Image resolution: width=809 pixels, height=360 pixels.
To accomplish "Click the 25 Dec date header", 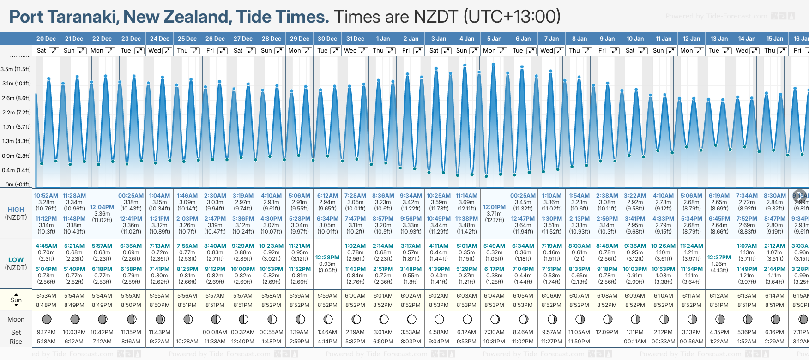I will (x=187, y=39).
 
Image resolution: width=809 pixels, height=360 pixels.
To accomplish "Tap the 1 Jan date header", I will (x=383, y=39).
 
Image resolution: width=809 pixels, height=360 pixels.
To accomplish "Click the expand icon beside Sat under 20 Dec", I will (x=54, y=51).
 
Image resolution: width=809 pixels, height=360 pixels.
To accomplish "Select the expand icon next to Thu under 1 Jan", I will (x=391, y=51).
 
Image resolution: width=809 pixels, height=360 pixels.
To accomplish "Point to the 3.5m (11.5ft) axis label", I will (x=16, y=69).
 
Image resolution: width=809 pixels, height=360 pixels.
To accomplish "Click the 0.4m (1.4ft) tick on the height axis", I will (x=16, y=170).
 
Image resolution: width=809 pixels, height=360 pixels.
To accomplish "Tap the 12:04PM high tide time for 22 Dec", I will (x=102, y=207).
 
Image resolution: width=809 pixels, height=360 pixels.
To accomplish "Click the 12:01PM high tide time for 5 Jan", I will (x=494, y=207).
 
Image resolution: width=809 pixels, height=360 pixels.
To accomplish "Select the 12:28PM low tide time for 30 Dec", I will (x=327, y=258).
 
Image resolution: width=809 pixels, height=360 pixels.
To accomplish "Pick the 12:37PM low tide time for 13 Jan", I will (x=719, y=258).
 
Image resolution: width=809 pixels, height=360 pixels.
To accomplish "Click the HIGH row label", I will (x=16, y=210).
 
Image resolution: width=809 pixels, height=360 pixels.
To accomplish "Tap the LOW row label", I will (x=16, y=260).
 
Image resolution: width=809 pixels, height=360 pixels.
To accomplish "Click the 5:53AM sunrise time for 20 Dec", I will (x=46, y=296).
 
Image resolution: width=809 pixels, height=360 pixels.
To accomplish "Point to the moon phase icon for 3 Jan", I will (x=439, y=319).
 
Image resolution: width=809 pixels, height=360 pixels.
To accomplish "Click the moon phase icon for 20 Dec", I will (x=47, y=319).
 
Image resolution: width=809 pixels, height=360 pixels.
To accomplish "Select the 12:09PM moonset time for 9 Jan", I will (x=607, y=332).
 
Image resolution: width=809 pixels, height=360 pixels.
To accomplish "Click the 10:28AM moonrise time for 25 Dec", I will (x=187, y=342).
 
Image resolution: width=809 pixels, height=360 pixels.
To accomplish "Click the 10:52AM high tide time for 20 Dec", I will (x=46, y=196).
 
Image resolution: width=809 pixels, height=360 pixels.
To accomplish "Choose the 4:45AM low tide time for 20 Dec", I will (x=46, y=246).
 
